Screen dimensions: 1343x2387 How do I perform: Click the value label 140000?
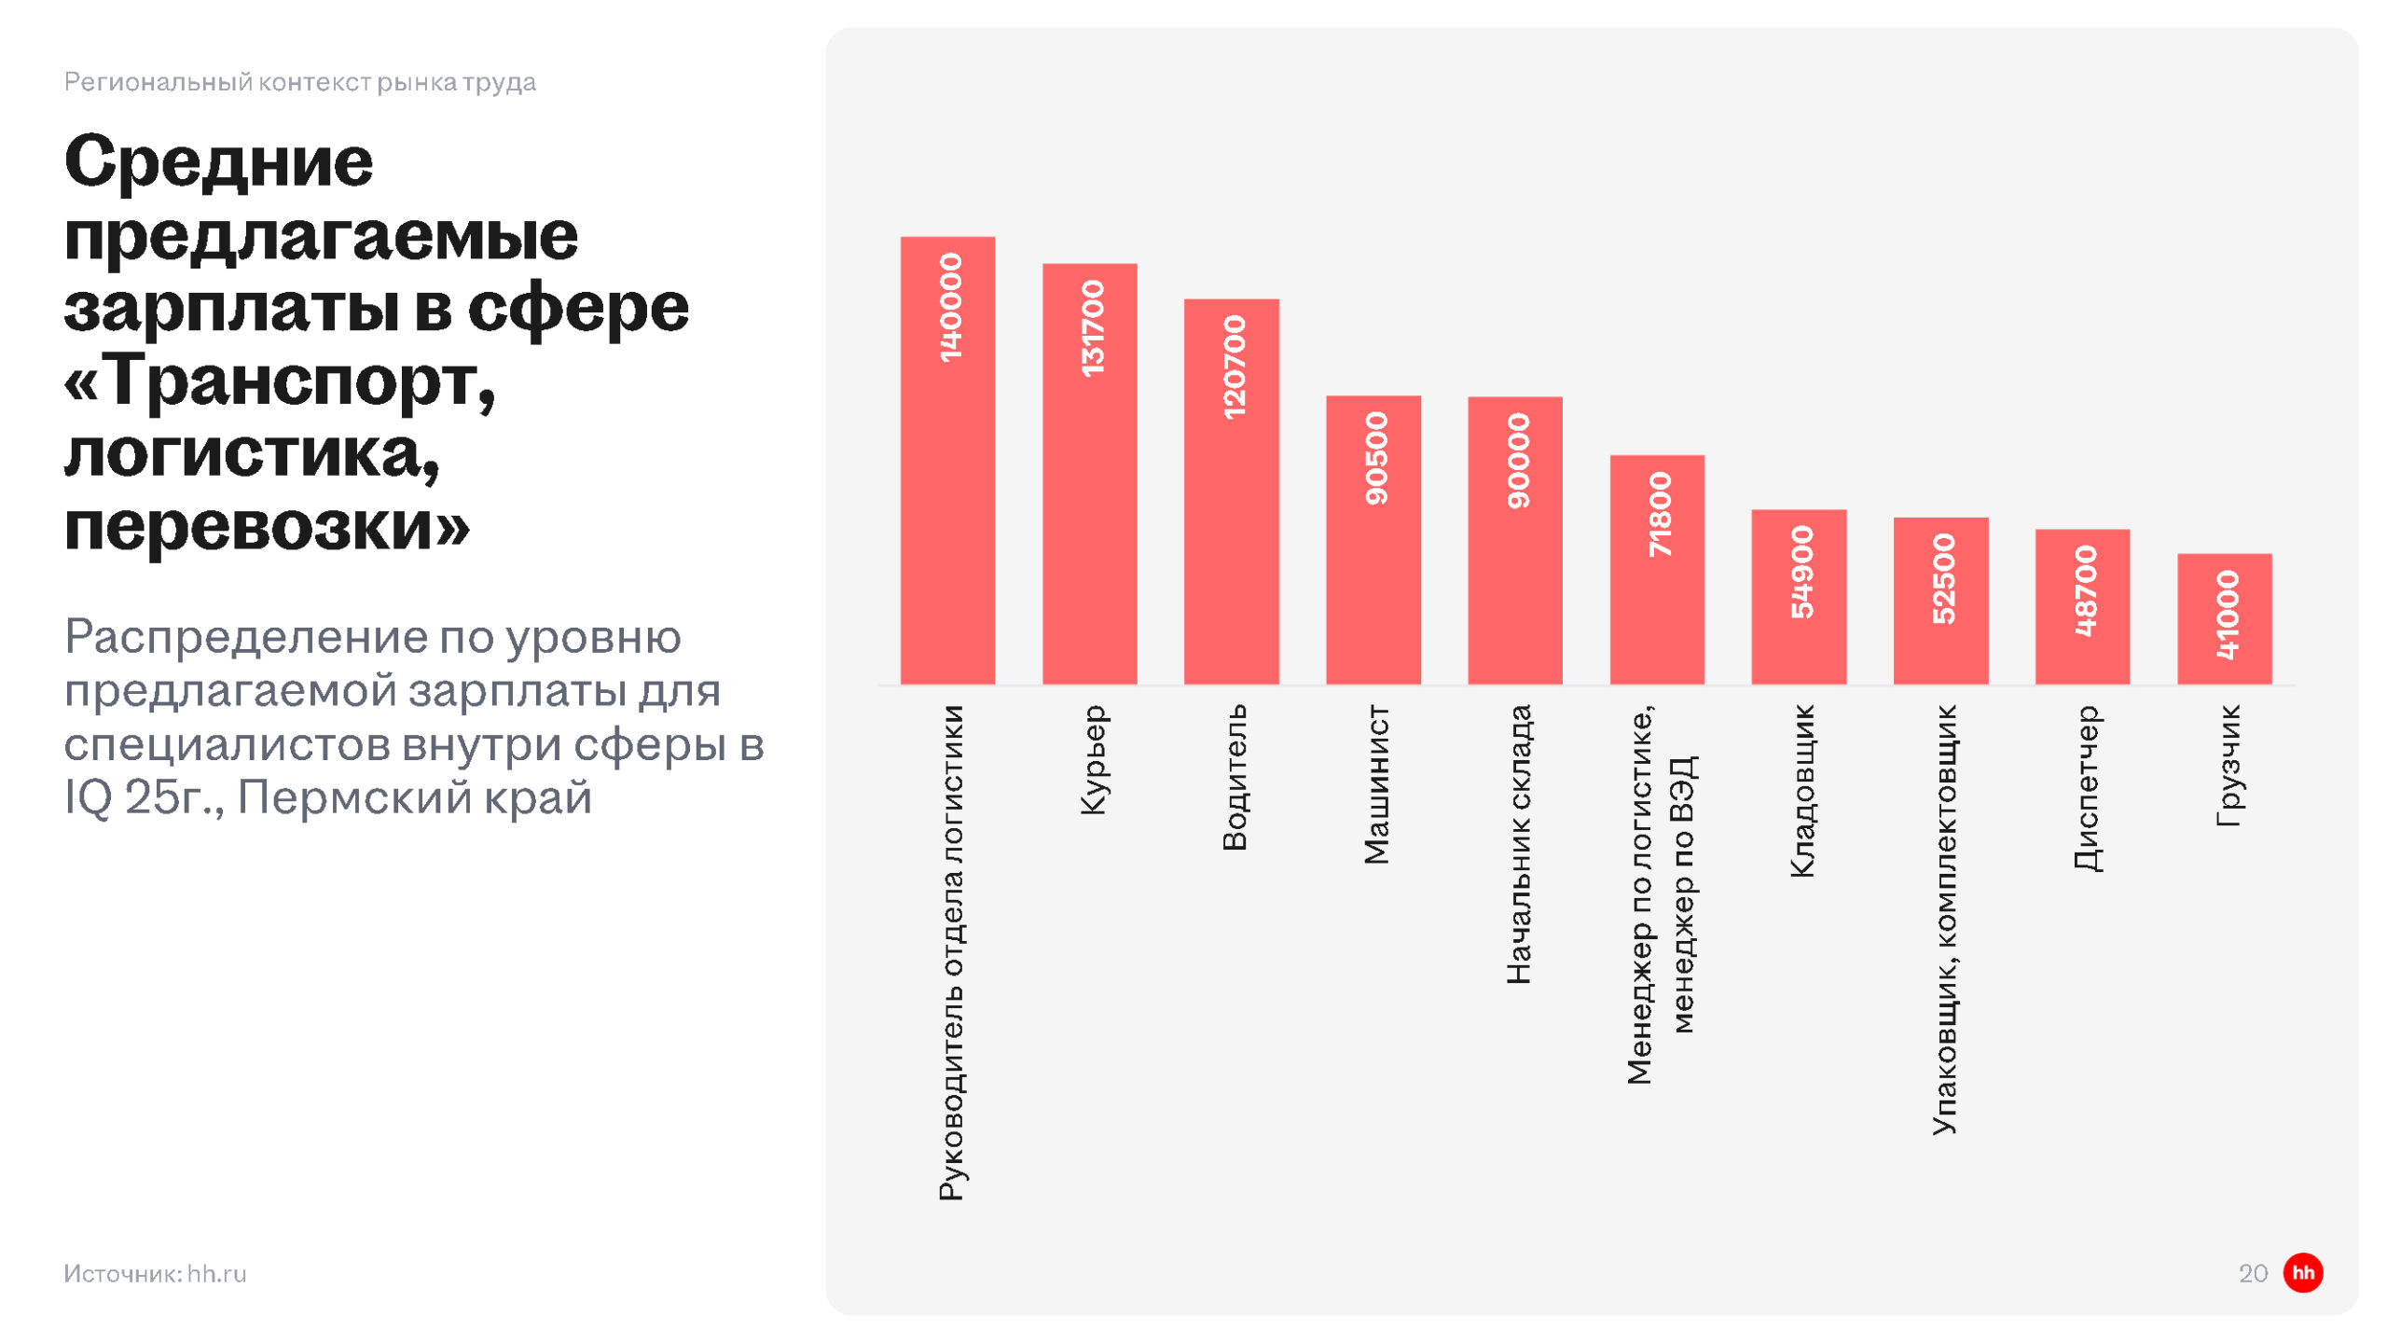[x=949, y=307]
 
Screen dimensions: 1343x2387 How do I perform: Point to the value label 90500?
[x=1375, y=458]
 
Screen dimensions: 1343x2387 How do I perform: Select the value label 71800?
[x=1659, y=514]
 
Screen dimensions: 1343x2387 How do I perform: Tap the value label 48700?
[x=2085, y=590]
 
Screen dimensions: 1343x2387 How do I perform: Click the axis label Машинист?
[x=1375, y=784]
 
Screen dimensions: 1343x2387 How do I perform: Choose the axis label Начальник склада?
[x=1518, y=844]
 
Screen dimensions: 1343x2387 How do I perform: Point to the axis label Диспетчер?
[x=2086, y=788]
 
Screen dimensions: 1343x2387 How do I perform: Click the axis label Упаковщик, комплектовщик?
[x=1943, y=920]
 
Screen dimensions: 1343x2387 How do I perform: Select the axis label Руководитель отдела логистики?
[x=950, y=952]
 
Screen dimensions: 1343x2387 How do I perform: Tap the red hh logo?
[x=2302, y=1273]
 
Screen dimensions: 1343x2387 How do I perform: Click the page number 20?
[x=2253, y=1274]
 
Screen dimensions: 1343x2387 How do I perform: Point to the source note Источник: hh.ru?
[x=155, y=1274]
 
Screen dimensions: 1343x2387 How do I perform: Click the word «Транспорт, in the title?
[x=280, y=381]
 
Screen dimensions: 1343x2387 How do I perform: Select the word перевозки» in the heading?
[x=267, y=526]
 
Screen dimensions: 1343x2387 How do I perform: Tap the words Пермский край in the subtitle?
[x=415, y=797]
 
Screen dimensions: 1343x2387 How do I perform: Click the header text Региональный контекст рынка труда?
[x=299, y=82]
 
